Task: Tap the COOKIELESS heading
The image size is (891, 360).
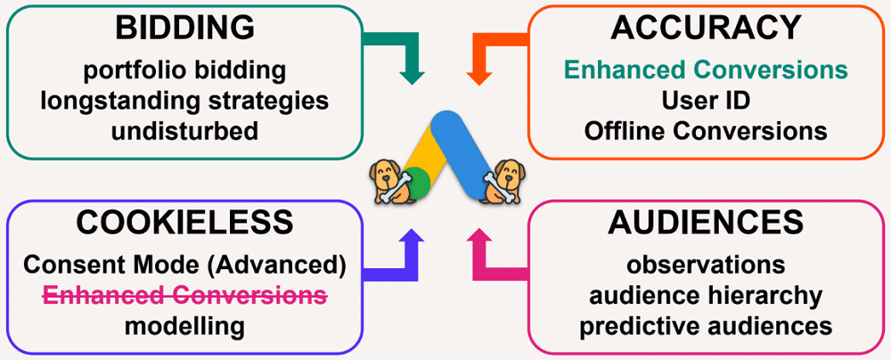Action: click(x=184, y=222)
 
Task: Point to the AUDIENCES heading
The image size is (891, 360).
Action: click(x=706, y=222)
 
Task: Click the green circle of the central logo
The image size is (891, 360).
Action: click(x=417, y=185)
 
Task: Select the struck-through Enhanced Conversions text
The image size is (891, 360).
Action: click(x=184, y=295)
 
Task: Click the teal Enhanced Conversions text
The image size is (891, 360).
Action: click(x=706, y=70)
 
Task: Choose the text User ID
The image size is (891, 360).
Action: click(x=706, y=100)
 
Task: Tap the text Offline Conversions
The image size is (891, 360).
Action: click(x=706, y=130)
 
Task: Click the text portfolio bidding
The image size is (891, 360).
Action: click(x=184, y=70)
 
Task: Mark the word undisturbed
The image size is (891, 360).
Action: click(x=184, y=130)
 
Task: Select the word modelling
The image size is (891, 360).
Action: click(x=184, y=325)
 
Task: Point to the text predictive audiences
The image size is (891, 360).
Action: click(x=706, y=325)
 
